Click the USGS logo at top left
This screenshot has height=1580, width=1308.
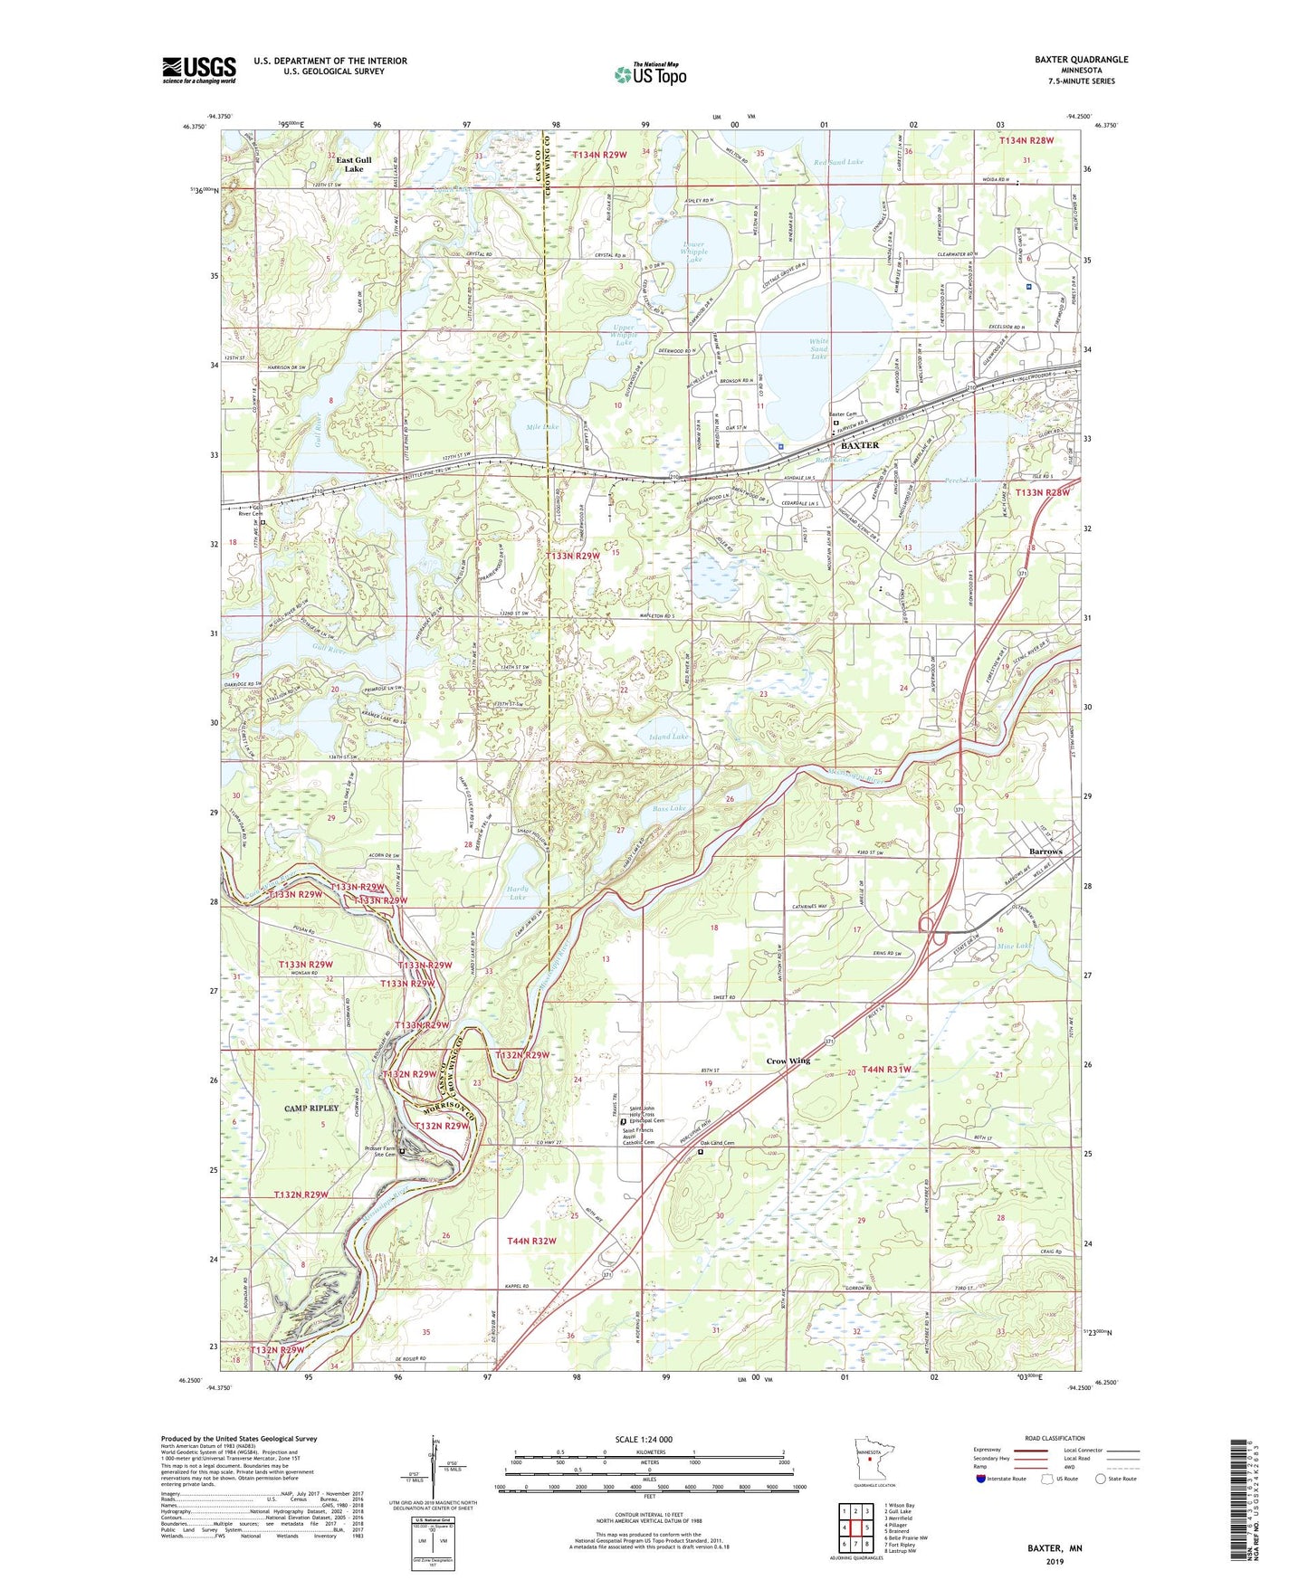(199, 70)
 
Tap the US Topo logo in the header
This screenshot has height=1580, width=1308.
(649, 74)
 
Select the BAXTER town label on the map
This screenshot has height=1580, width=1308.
(859, 446)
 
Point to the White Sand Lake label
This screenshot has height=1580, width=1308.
(818, 349)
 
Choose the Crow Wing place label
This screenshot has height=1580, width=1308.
(788, 1061)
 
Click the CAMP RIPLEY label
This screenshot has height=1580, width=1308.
(310, 1108)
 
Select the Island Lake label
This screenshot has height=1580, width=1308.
(668, 738)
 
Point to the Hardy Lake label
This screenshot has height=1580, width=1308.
(517, 892)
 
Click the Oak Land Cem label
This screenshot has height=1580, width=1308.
(717, 1143)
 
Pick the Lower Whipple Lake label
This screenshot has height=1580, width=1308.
(692, 252)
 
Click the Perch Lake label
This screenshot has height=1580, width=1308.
(962, 481)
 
